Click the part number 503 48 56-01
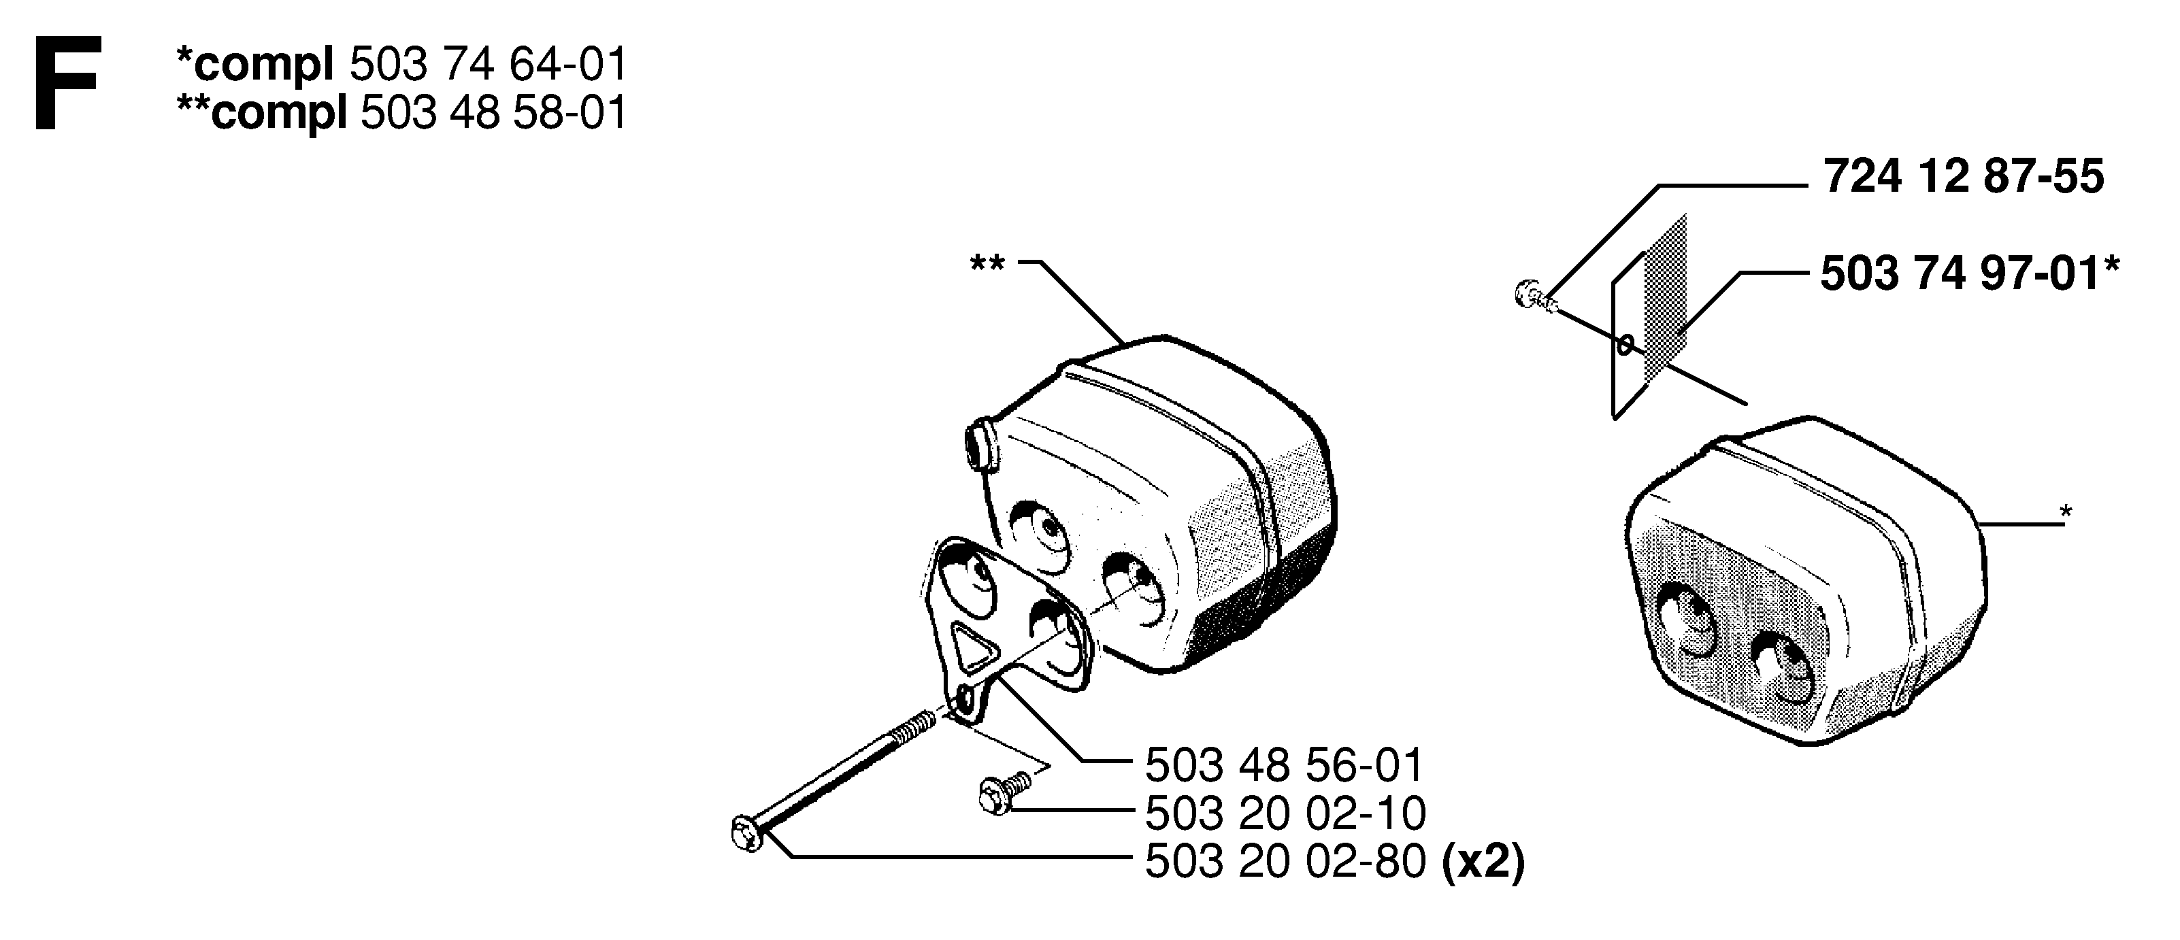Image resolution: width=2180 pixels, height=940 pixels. point(1285,766)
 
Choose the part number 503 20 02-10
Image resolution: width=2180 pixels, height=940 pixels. point(1285,814)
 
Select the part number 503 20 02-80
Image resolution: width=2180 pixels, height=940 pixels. point(1285,862)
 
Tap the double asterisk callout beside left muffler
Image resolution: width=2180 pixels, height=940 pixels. point(988,263)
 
